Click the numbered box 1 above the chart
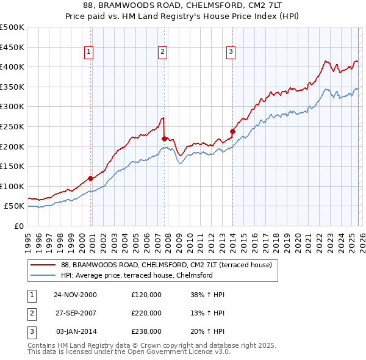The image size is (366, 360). tap(89, 52)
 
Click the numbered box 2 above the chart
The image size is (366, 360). tap(163, 52)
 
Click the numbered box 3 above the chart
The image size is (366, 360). tap(231, 52)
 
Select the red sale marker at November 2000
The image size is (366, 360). tap(91, 178)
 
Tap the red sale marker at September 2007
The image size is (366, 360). tap(164, 139)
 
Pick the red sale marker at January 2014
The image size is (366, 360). tap(232, 131)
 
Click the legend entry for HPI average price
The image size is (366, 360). tap(136, 275)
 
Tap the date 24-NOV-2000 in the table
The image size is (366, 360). tap(75, 295)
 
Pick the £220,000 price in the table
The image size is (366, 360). tap(146, 313)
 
